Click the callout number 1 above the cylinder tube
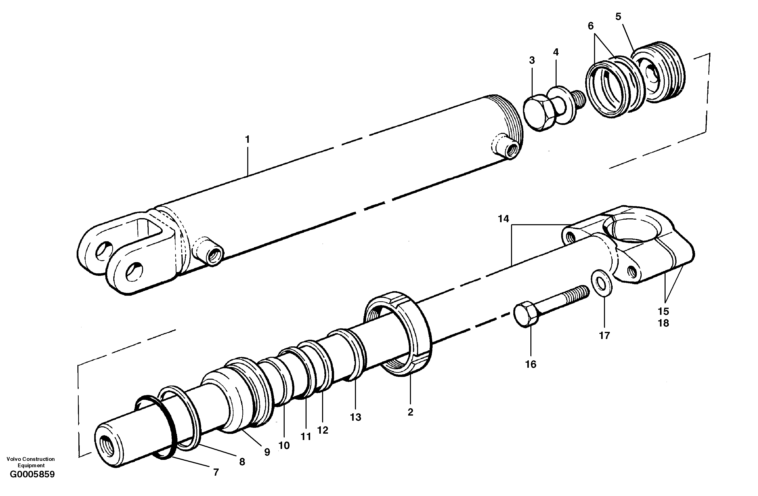[x=247, y=139]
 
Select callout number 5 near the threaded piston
[x=618, y=17]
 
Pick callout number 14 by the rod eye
[x=504, y=219]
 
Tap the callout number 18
[x=664, y=323]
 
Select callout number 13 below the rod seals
[x=355, y=417]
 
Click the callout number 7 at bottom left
[x=216, y=472]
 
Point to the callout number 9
[x=267, y=452]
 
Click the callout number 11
[x=306, y=436]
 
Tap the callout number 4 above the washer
[x=556, y=52]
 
